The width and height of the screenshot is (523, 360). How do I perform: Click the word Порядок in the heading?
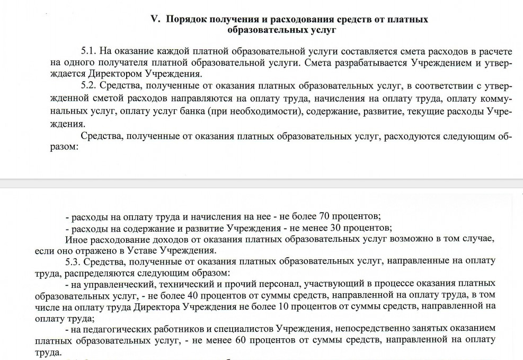point(186,20)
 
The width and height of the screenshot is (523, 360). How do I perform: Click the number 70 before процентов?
point(326,216)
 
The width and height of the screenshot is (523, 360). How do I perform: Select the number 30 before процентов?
point(336,228)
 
